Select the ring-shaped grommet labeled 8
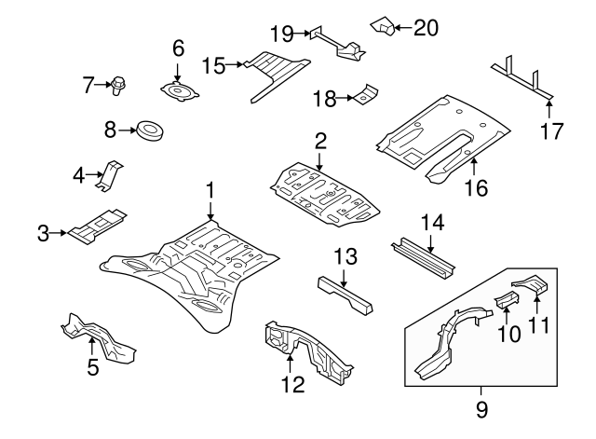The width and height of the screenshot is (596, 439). pyautogui.click(x=149, y=130)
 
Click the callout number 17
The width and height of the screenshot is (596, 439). pyautogui.click(x=552, y=130)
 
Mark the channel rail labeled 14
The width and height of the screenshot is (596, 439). pyautogui.click(x=425, y=255)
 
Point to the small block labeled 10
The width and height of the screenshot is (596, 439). pyautogui.click(x=504, y=299)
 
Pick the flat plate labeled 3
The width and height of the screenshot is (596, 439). pyautogui.click(x=98, y=226)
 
